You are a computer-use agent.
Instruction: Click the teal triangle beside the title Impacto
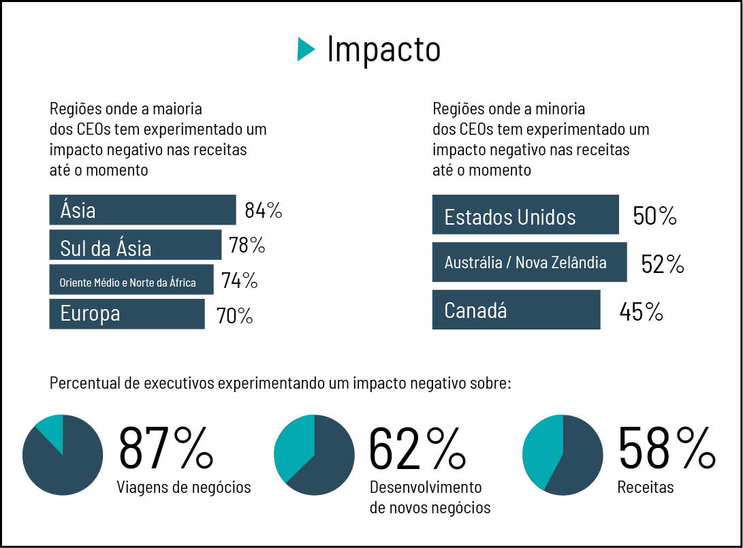coord(305,49)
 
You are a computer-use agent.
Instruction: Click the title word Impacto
coord(383,49)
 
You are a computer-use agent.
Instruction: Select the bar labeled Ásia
coord(142,210)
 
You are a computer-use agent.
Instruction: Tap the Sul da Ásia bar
coord(135,245)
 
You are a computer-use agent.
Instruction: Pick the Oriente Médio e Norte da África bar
coord(131,280)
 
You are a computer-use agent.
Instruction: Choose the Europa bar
coord(127,314)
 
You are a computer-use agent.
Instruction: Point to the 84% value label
coord(264,210)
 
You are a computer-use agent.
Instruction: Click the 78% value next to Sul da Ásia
coord(247,245)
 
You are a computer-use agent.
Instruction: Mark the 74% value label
coord(239,280)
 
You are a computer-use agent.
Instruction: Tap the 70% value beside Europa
coord(234,316)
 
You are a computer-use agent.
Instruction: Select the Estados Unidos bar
coord(525,215)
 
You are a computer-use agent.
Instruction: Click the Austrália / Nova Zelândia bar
coord(529,262)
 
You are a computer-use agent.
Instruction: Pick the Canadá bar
coord(516,310)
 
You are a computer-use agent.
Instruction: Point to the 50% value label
coord(654,216)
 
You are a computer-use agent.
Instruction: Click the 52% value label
coord(662,264)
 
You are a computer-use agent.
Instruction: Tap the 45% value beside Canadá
coord(641,312)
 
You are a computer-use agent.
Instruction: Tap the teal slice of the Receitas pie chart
coord(541,449)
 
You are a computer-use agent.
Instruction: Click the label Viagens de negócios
coord(184,487)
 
